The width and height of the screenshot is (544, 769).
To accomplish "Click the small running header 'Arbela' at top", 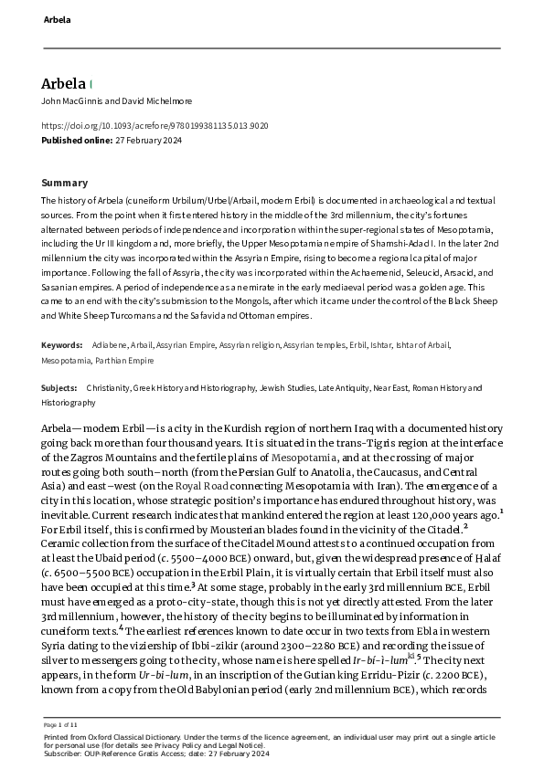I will coord(56,18).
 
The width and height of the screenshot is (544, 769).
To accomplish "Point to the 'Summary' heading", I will coord(65,183).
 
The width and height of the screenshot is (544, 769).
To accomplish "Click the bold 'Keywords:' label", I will coord(63,345).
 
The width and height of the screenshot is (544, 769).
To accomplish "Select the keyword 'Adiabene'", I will coord(110,345).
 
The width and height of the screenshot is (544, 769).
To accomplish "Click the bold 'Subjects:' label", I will coord(60,388).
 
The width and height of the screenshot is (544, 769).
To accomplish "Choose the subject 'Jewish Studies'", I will coord(286,388).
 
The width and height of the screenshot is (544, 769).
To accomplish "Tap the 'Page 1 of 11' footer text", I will coord(62,723).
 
